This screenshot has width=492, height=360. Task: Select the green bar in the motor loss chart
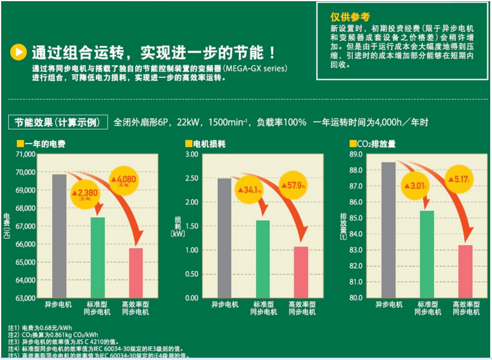tap(263, 259)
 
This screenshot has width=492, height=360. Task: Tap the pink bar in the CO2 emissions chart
tap(465, 271)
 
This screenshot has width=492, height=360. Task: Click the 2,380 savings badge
tap(84, 193)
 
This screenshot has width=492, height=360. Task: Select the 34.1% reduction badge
tap(250, 190)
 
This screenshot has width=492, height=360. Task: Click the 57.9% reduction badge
tap(296, 186)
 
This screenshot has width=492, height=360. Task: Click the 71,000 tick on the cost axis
tap(24, 154)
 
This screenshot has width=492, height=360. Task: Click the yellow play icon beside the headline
tap(19, 53)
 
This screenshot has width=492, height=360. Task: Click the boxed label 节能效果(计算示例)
tap(58, 123)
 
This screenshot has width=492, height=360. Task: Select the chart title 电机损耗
tap(208, 144)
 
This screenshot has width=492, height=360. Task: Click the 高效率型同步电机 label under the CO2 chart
tap(466, 308)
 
